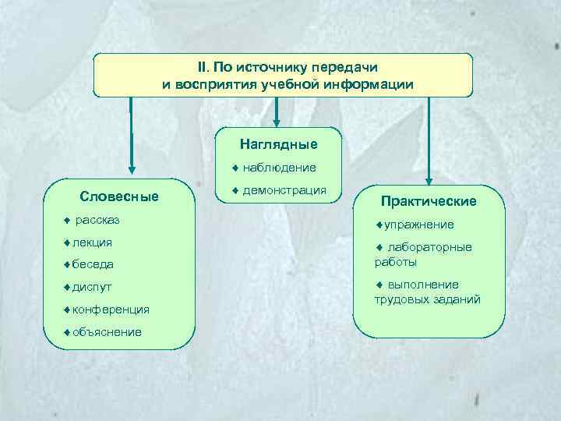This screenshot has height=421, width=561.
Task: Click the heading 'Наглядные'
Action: (x=279, y=144)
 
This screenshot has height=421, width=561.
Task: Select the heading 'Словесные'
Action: (x=119, y=196)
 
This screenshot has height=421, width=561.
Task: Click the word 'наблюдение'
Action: (x=279, y=167)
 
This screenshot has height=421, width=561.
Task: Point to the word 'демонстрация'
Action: (x=284, y=189)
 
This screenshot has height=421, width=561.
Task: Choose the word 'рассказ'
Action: (x=97, y=220)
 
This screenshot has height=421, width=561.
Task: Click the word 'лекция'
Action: (x=92, y=242)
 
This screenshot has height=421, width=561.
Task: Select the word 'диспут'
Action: (x=92, y=286)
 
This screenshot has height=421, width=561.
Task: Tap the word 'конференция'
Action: (x=111, y=309)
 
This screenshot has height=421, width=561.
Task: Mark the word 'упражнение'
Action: (x=418, y=225)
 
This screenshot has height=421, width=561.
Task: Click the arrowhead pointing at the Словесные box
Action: (x=131, y=167)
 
